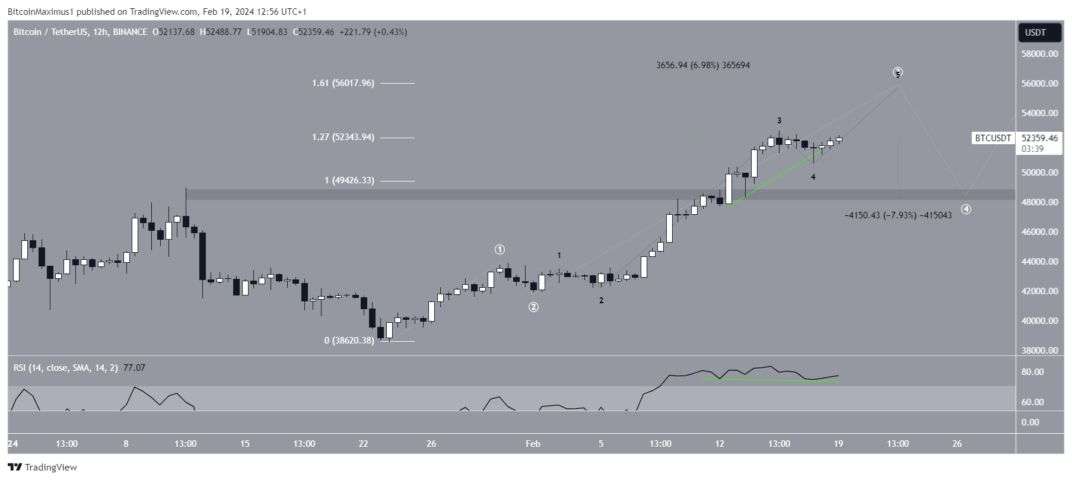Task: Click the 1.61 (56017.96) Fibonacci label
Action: click(343, 83)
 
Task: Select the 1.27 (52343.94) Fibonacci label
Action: click(343, 137)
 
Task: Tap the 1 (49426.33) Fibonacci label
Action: click(349, 180)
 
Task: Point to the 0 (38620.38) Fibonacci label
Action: click(349, 341)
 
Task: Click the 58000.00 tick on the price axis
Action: click(1039, 54)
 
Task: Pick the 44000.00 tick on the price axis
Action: click(1039, 262)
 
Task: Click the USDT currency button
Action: click(1039, 33)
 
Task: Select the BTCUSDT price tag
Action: click(993, 138)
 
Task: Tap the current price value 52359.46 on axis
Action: click(1039, 138)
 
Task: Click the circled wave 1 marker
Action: click(500, 249)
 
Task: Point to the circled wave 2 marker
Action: click(533, 307)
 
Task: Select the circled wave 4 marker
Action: click(966, 209)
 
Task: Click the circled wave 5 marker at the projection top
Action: click(898, 73)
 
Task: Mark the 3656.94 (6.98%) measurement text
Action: click(702, 65)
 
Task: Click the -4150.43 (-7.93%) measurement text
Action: click(898, 215)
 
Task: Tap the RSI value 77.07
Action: click(134, 368)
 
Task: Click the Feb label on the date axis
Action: click(533, 444)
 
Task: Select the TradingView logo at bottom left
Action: click(42, 468)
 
